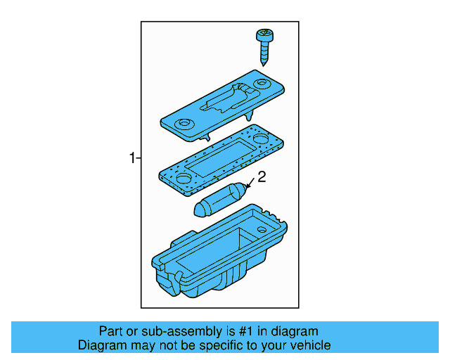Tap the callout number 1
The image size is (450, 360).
click(131, 158)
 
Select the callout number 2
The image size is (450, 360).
click(261, 179)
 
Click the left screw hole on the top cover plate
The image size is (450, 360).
click(184, 124)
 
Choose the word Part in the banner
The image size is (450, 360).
click(111, 331)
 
